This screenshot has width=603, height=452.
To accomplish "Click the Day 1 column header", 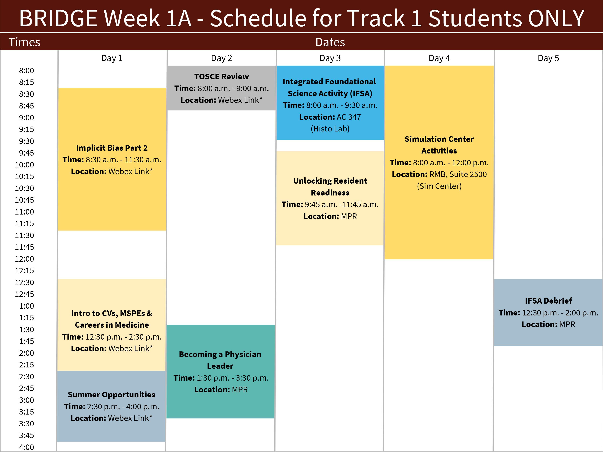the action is tap(112, 58).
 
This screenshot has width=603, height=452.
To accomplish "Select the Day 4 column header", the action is tap(439, 58).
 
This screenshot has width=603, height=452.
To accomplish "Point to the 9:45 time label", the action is tap(26, 153).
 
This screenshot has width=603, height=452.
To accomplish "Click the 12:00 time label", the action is tap(24, 259).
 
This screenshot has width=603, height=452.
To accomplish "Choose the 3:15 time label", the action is tap(26, 412).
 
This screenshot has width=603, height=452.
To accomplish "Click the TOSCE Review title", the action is tap(221, 77).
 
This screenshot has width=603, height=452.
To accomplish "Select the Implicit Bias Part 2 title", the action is tap(112, 148).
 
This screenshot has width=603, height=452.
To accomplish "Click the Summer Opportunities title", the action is tap(112, 395).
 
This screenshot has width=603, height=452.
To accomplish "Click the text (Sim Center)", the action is tap(439, 186).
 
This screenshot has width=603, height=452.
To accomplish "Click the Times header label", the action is tap(24, 42).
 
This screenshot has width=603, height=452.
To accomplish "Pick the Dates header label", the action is tap(330, 42).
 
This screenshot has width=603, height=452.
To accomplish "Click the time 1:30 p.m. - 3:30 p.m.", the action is tap(233, 378).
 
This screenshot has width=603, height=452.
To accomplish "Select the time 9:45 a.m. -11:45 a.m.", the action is tap(342, 204).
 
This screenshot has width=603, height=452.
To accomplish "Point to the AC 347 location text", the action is tap(349, 117).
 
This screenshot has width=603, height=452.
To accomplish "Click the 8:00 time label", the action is tap(26, 71).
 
